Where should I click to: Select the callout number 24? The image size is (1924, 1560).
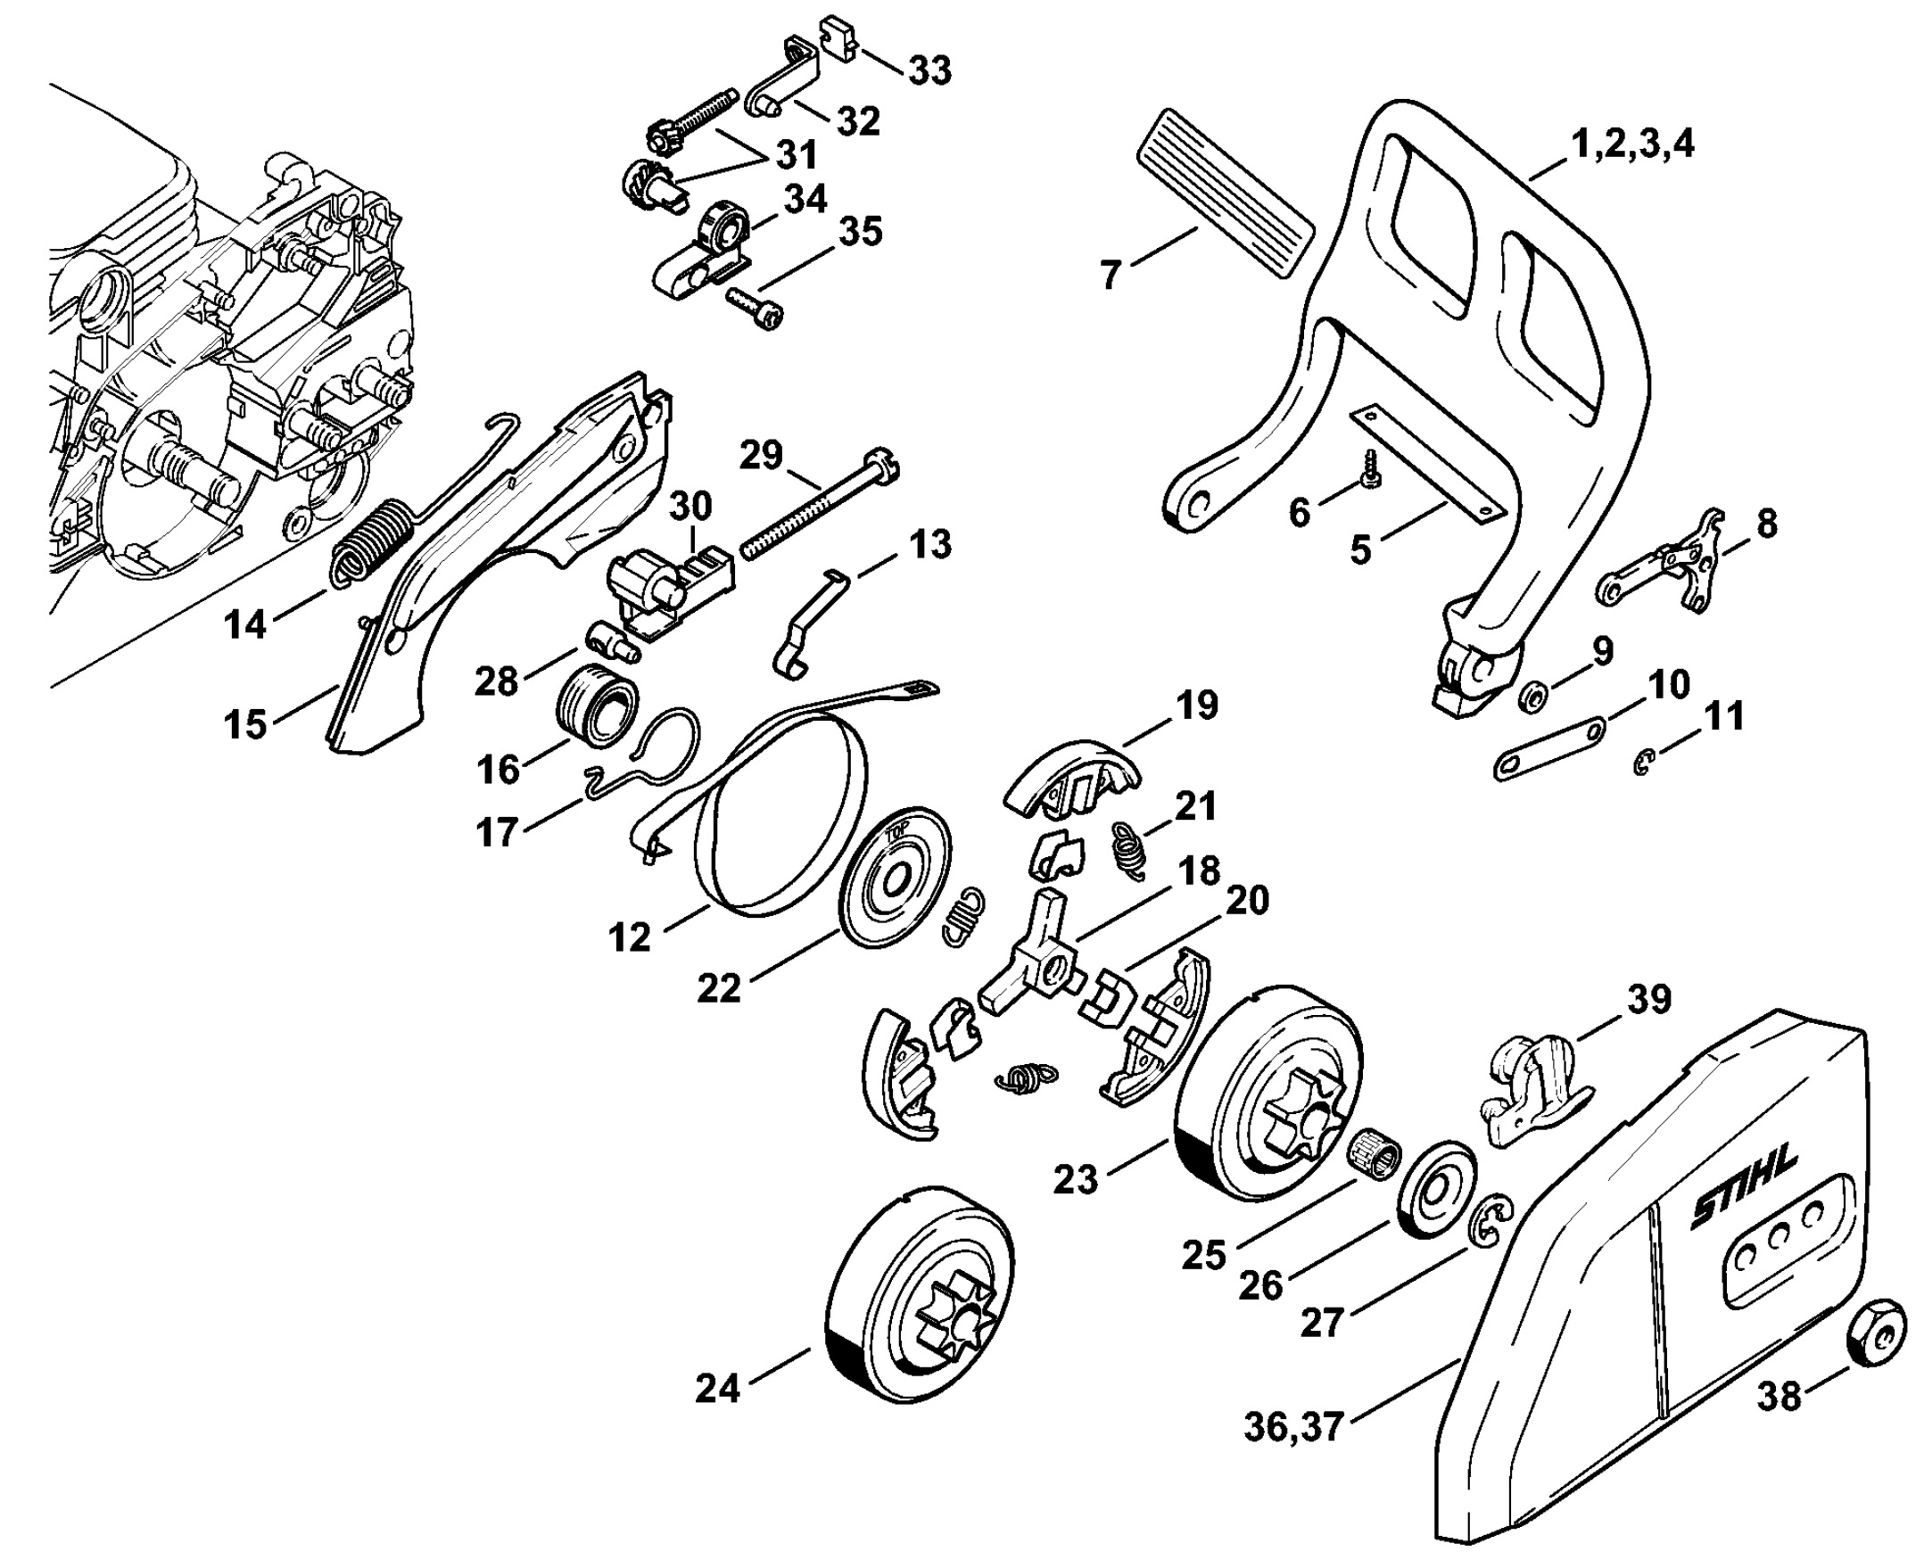pos(717,1389)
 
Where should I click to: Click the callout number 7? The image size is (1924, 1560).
pos(1111,273)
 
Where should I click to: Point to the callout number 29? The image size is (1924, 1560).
pos(761,455)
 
